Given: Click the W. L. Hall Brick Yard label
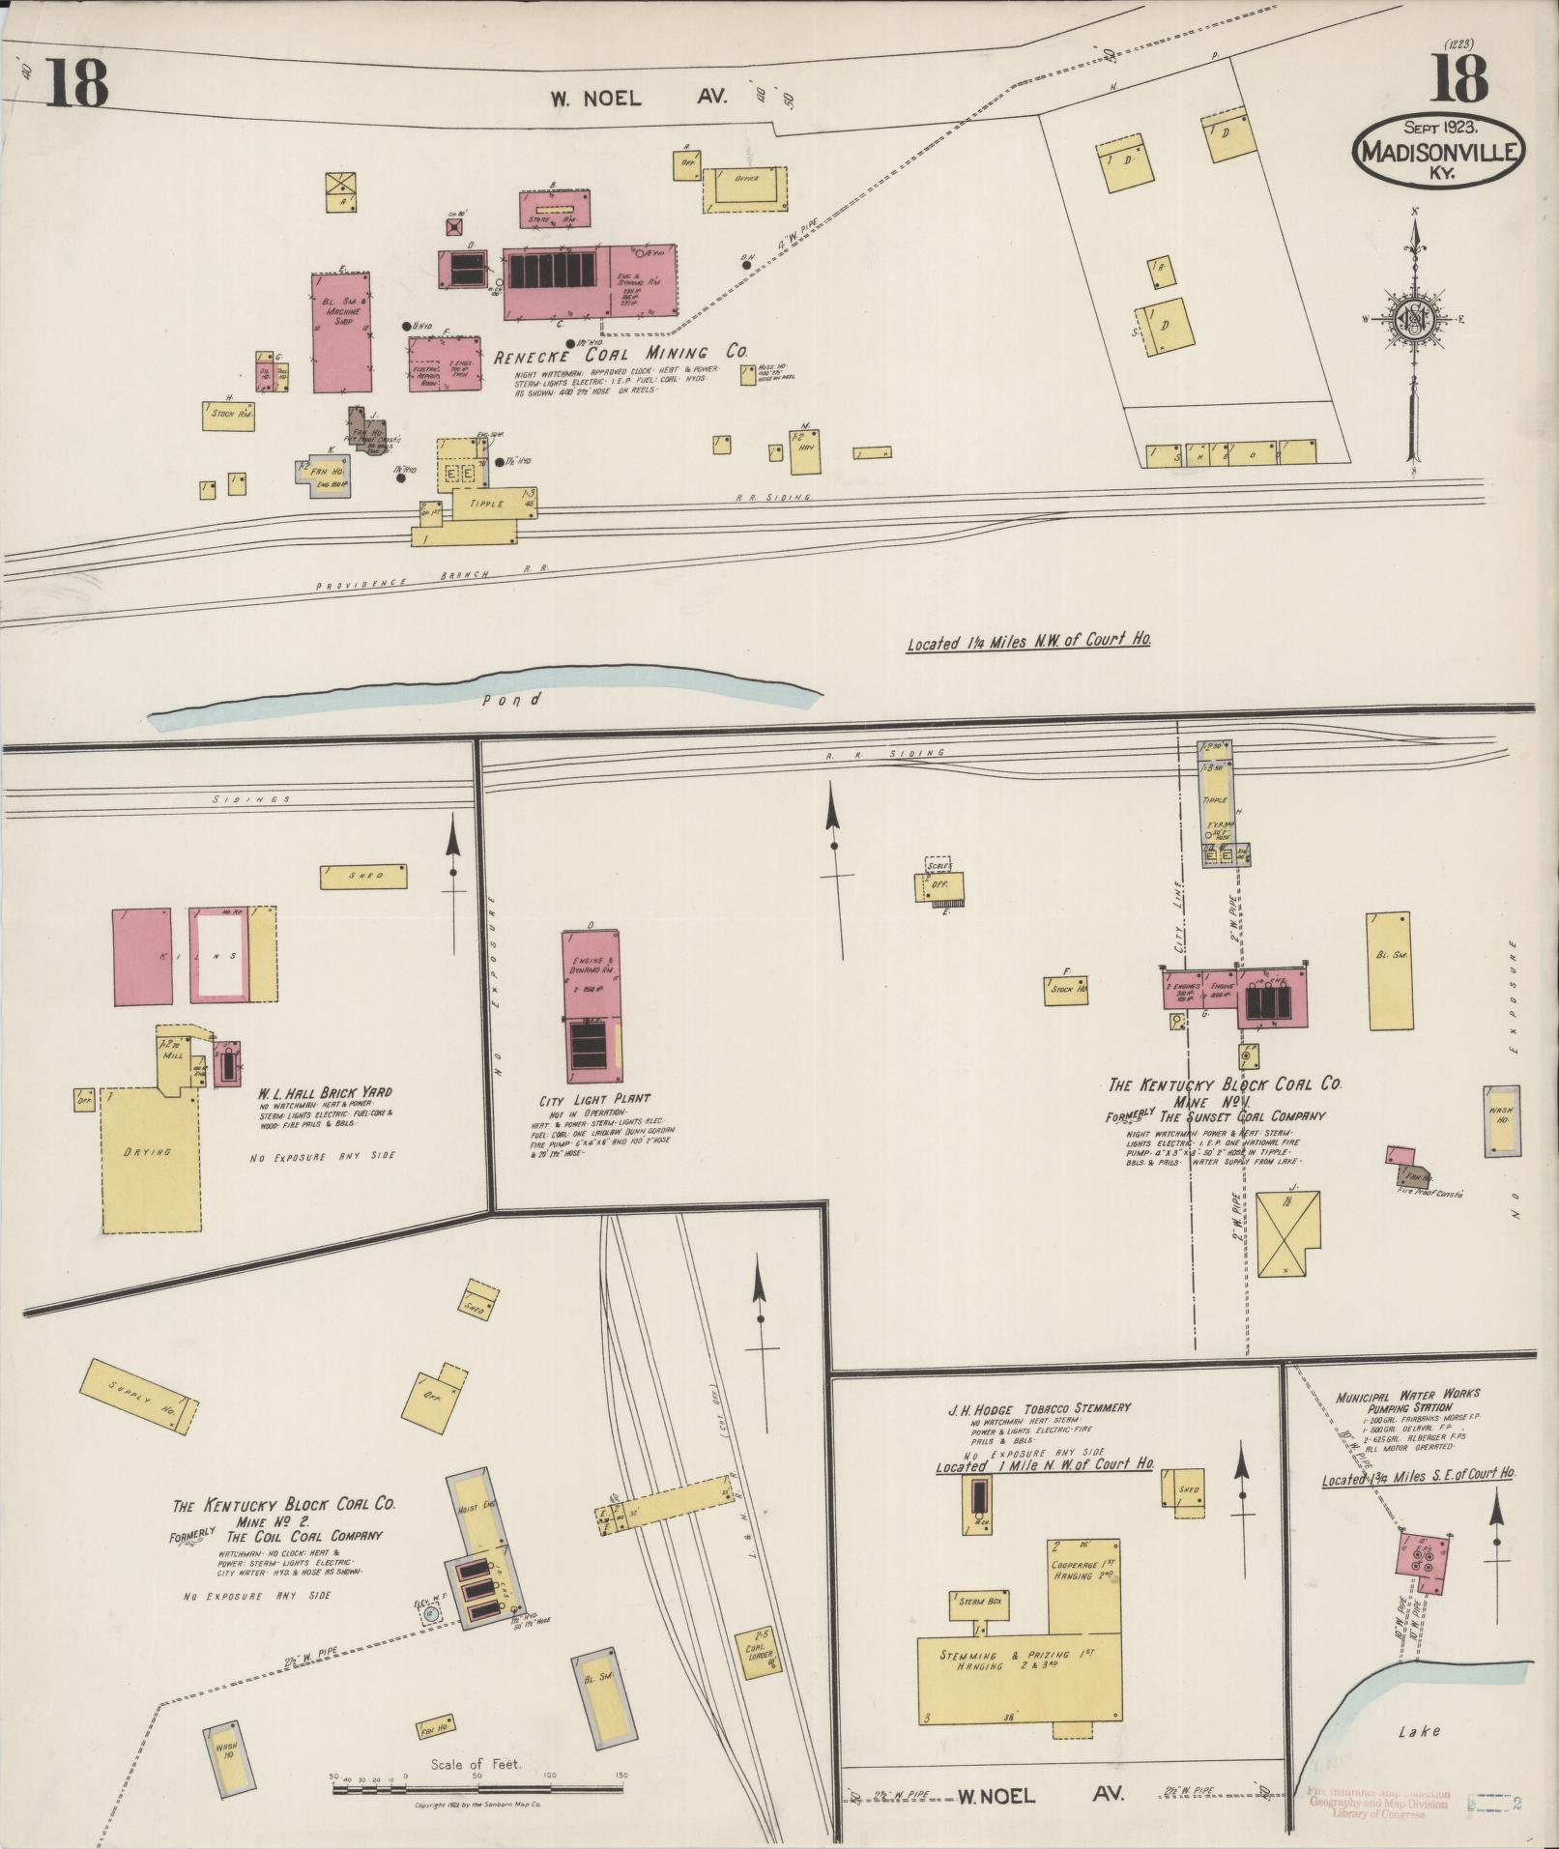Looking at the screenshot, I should click(x=324, y=1093).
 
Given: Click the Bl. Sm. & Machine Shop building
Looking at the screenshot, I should click(x=342, y=332).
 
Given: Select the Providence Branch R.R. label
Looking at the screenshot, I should click(x=432, y=577).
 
